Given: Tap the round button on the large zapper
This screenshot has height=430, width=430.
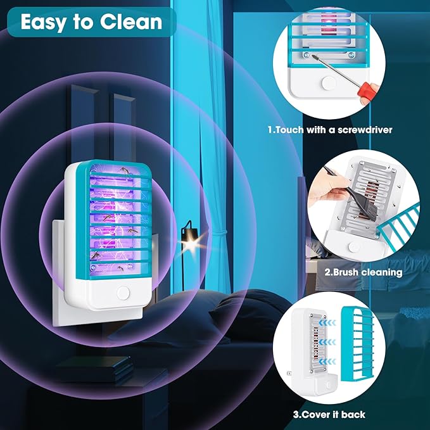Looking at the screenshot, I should (122, 293).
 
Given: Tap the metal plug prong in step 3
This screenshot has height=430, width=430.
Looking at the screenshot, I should (289, 374).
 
